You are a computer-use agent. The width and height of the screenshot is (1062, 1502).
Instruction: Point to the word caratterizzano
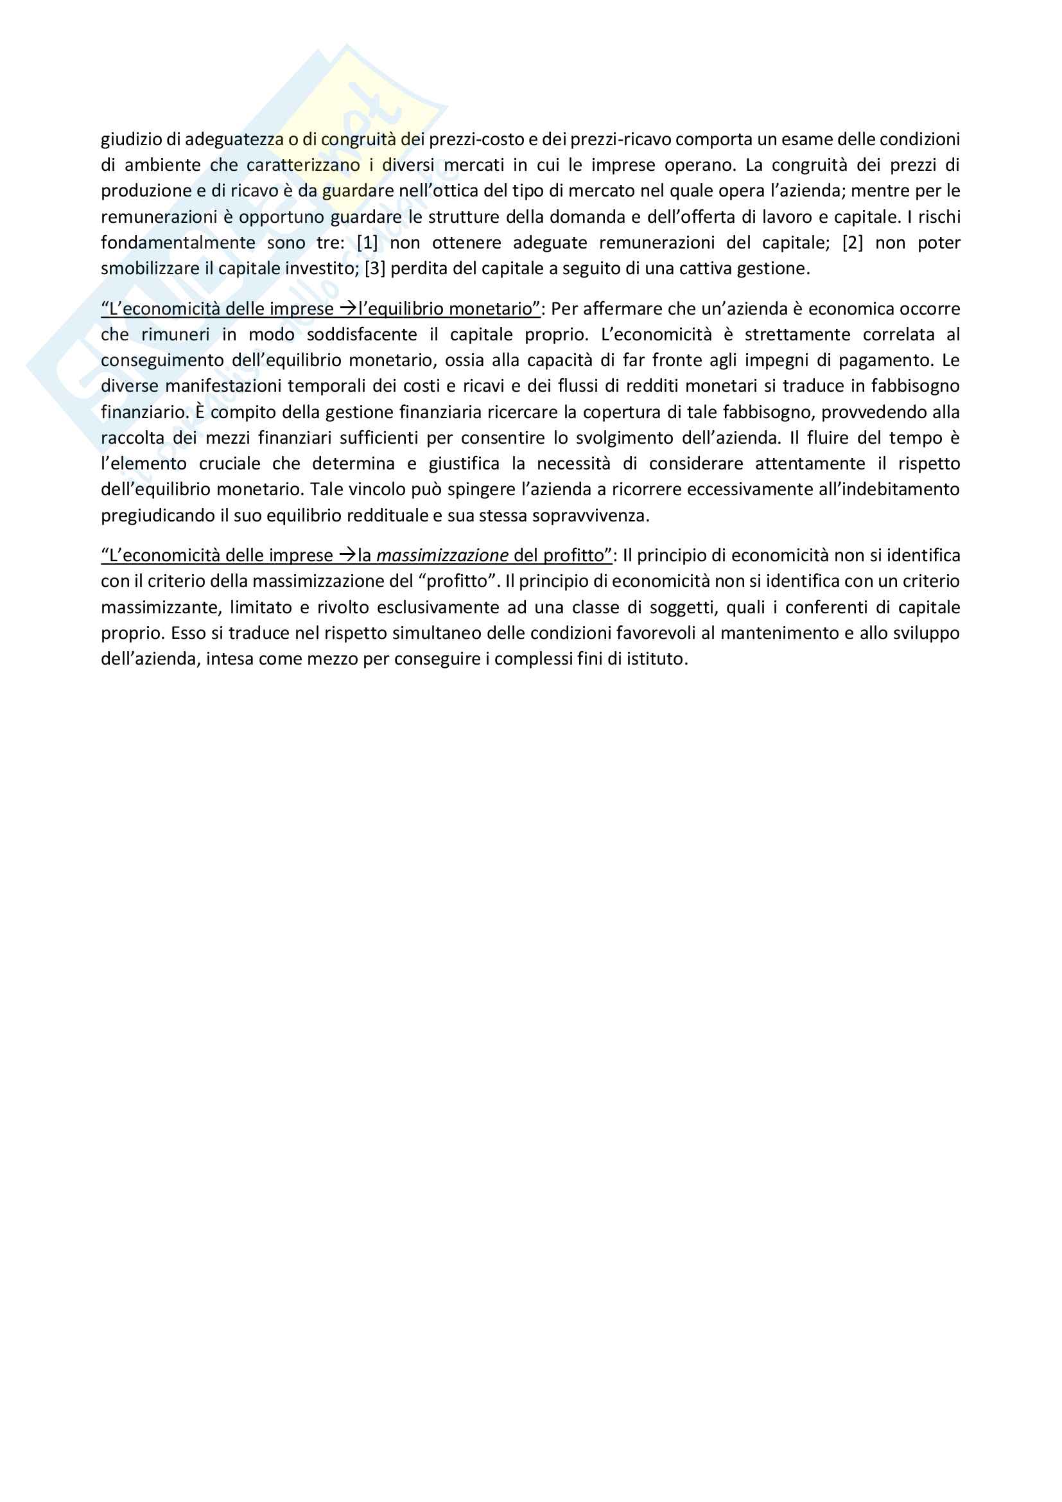303,165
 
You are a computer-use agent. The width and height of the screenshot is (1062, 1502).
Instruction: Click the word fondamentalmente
178,243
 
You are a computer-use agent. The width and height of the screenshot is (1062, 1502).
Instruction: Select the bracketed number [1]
367,243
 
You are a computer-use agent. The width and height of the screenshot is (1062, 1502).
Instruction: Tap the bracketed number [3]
375,269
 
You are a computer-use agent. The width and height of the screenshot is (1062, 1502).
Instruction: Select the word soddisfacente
361,335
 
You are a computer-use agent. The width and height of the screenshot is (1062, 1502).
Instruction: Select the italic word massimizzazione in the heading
442,555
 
